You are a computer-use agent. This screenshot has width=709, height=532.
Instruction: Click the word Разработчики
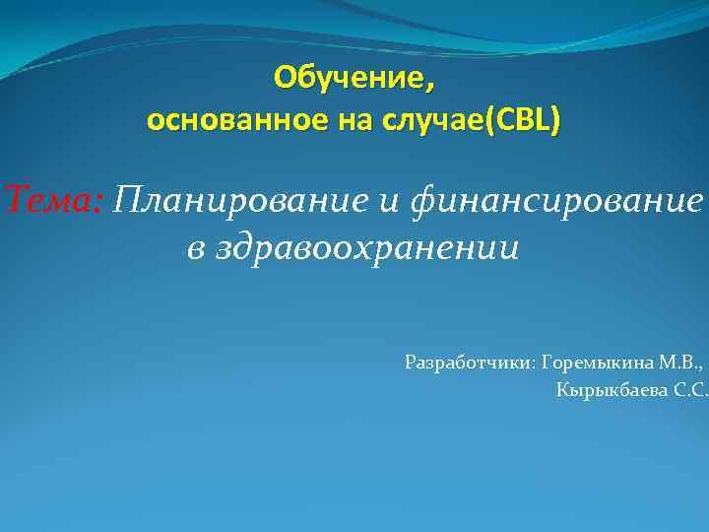coord(469,363)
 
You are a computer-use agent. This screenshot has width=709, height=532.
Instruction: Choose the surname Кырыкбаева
coord(610,391)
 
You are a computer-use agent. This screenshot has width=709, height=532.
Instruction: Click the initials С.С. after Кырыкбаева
coord(688,391)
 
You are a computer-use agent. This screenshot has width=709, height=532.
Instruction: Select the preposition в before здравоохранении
coord(196,249)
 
